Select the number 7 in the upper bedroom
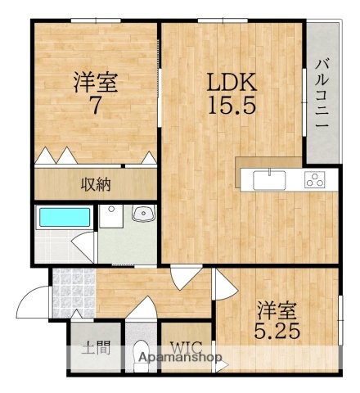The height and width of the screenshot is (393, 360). pyautogui.click(x=94, y=105)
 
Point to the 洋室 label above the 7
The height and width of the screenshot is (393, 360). pyautogui.click(x=94, y=83)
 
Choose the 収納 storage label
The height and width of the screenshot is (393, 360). pyautogui.click(x=95, y=183)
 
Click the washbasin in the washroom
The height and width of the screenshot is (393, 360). pyautogui.click(x=143, y=215)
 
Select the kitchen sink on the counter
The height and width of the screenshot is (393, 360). pyautogui.click(x=268, y=179)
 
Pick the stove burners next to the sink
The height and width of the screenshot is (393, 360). pyautogui.click(x=315, y=179)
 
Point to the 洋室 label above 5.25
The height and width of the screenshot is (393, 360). pyautogui.click(x=277, y=312)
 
